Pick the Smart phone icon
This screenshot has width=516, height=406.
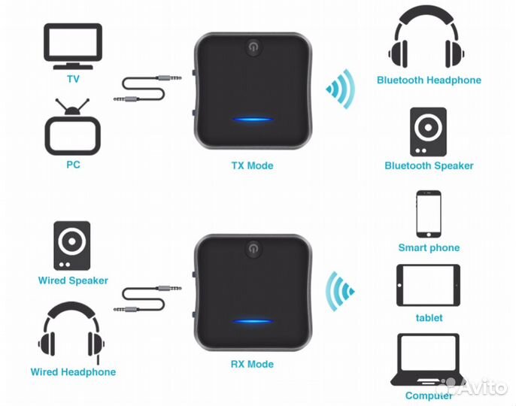(x=429, y=214)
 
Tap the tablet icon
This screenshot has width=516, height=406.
(x=429, y=285)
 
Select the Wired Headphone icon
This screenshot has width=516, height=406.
(x=73, y=332)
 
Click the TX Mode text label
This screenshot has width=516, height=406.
(x=252, y=165)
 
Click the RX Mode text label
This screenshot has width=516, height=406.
(x=252, y=365)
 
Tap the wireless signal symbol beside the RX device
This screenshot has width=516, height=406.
(x=341, y=292)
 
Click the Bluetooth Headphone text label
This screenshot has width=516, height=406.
(x=429, y=80)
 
